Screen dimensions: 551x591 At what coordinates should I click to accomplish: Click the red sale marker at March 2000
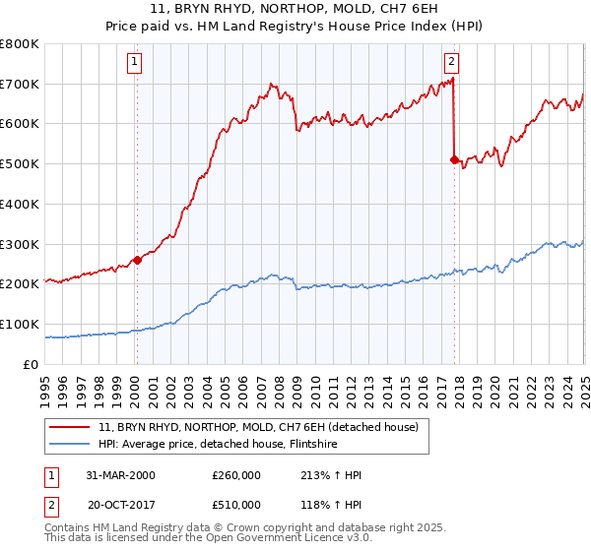click(137, 260)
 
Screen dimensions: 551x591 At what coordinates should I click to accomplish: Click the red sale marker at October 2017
click(454, 159)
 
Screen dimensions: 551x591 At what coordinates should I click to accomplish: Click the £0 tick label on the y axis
click(31, 364)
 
